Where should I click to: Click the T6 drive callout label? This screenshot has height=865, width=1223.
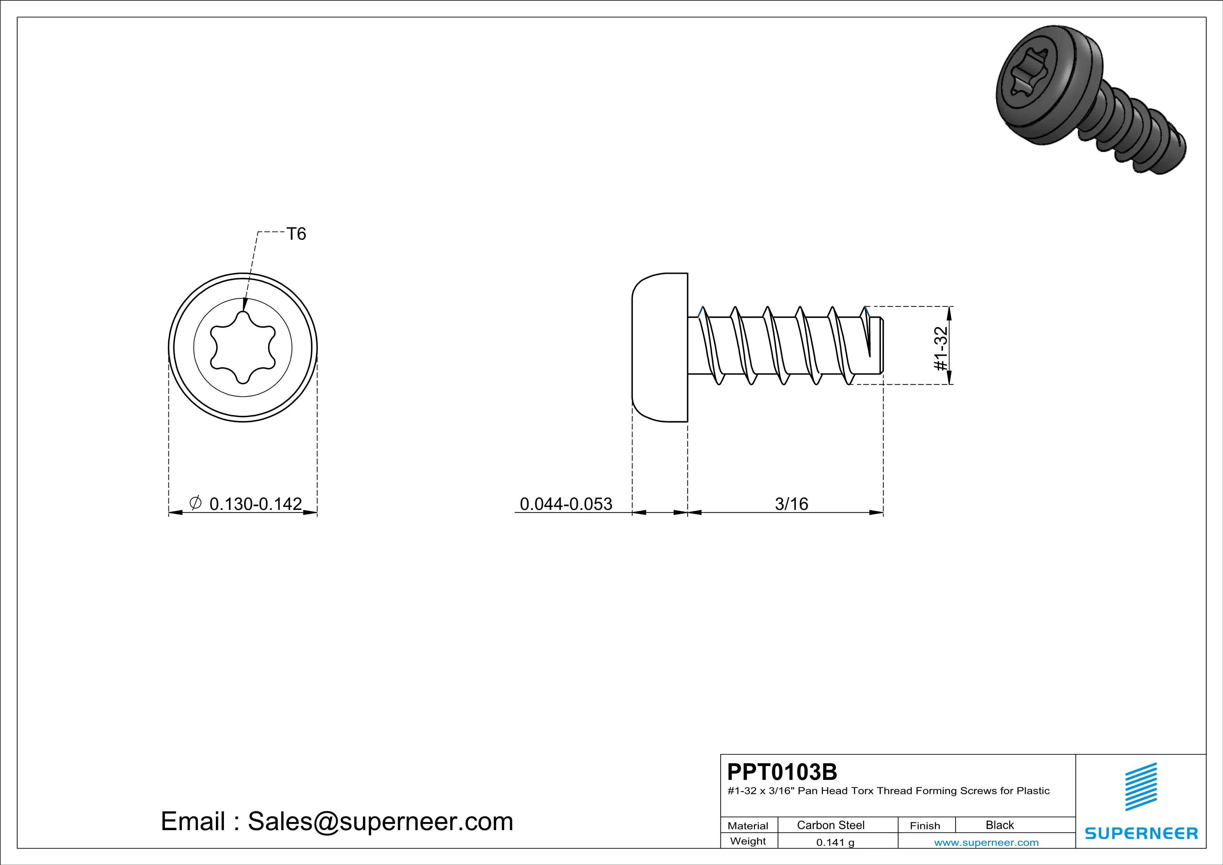(296, 234)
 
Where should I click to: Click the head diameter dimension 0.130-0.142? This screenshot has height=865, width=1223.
(256, 504)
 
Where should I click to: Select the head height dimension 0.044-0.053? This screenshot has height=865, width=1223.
(566, 504)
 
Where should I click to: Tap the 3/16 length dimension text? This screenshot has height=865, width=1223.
(792, 504)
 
